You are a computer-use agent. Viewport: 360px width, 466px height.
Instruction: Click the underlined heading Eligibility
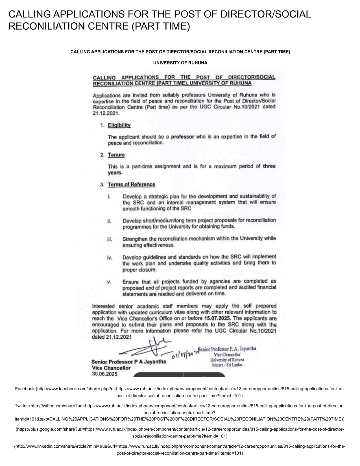[x=119, y=125]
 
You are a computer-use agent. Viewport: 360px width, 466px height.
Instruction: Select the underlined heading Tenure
[x=116, y=155]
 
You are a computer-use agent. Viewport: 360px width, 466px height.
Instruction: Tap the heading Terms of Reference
[x=131, y=184]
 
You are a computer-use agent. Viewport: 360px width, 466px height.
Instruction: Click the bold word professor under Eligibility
[x=182, y=137]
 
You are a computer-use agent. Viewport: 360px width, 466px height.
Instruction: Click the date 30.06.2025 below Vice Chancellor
[x=105, y=374]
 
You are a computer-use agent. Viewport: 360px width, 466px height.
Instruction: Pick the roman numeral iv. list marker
[x=110, y=258]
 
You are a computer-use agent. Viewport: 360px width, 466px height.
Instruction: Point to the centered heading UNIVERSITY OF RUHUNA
[x=180, y=63]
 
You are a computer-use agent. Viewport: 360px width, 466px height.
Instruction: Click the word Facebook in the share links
[x=25, y=389]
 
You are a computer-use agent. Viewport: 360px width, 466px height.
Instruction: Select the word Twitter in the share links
[x=21, y=406]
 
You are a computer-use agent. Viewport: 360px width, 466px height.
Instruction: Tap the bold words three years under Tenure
[x=269, y=166]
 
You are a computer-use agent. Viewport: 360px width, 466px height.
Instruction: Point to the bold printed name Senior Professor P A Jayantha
[x=128, y=362]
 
